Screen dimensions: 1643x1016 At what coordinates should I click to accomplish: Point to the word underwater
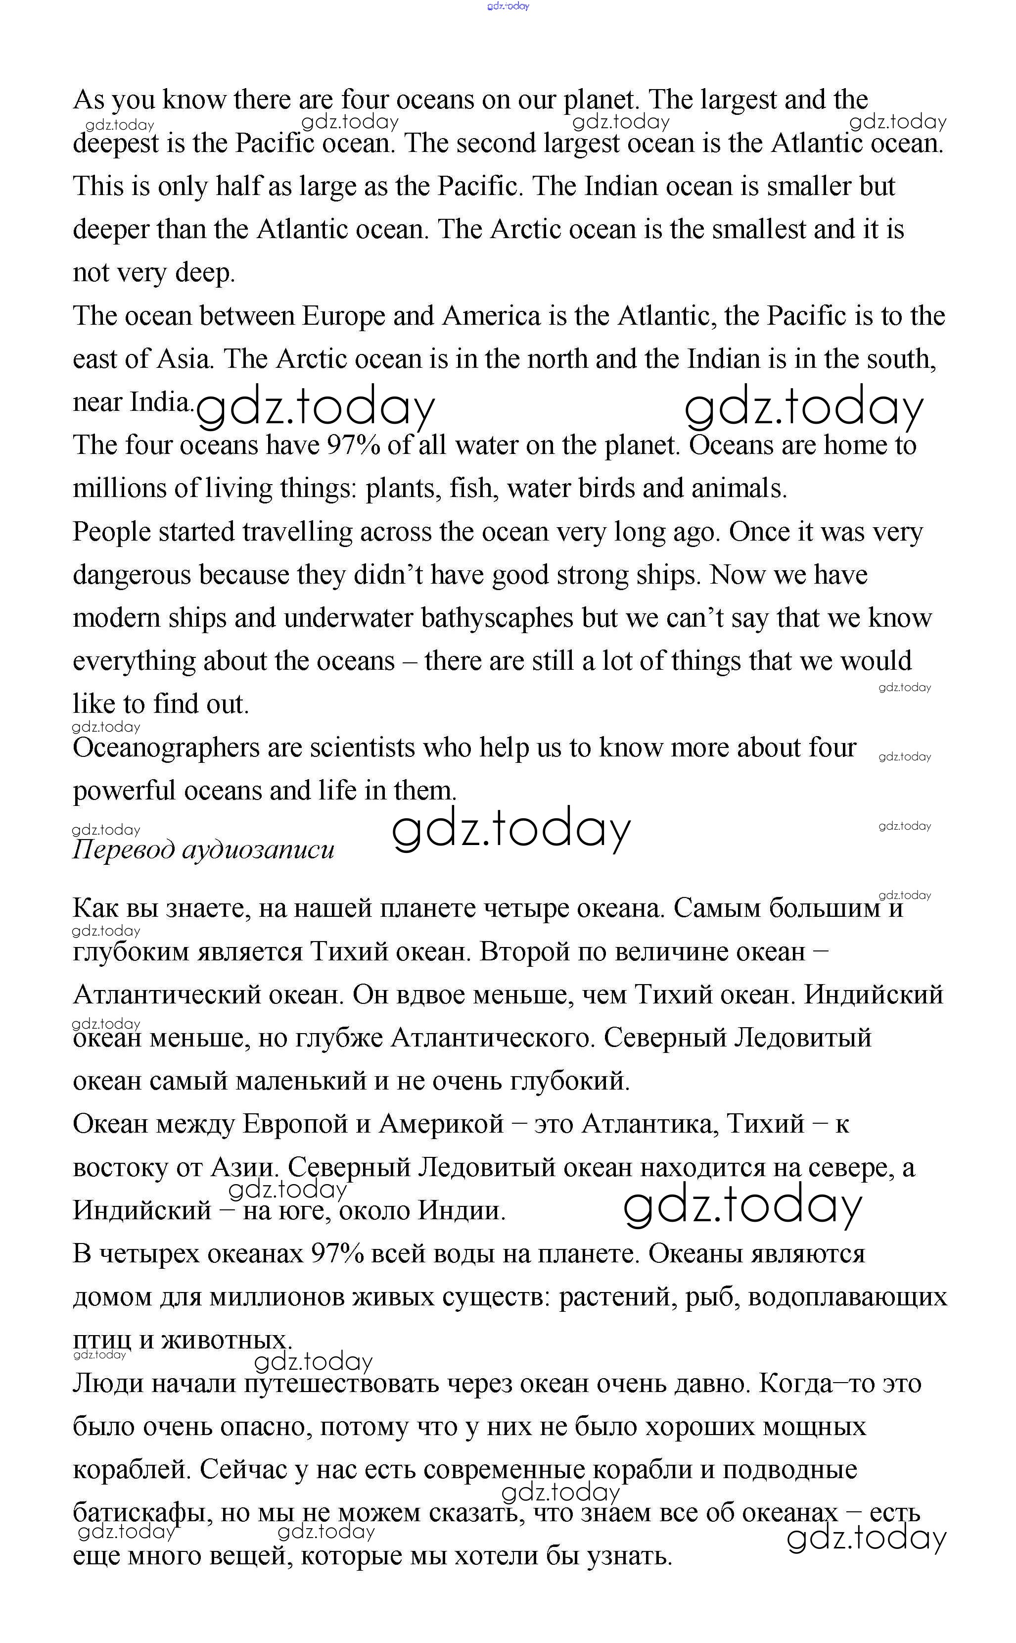pyautogui.click(x=348, y=618)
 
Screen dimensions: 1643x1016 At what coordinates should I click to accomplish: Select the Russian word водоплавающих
pyautogui.click(x=847, y=1297)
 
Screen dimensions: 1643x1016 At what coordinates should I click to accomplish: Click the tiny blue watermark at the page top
pyautogui.click(x=508, y=6)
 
